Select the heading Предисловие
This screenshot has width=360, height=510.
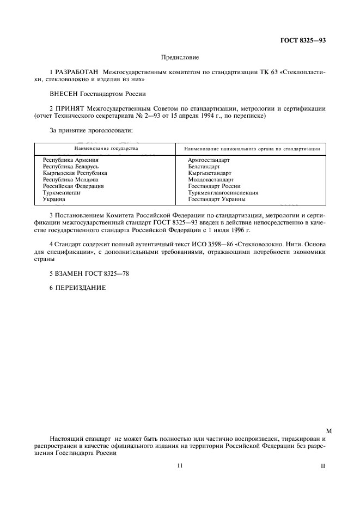tap(180, 57)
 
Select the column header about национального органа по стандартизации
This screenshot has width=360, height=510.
tap(252, 149)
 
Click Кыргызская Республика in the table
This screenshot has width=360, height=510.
tap(75, 173)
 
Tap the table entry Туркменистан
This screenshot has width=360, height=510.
tap(62, 193)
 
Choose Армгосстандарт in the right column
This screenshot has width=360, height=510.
tap(209, 160)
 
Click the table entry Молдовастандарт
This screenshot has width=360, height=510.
tap(210, 179)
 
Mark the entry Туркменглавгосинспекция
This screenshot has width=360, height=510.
tap(223, 193)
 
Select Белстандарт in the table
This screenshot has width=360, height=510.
tap(204, 166)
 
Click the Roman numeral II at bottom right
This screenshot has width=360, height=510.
tap(324, 467)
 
